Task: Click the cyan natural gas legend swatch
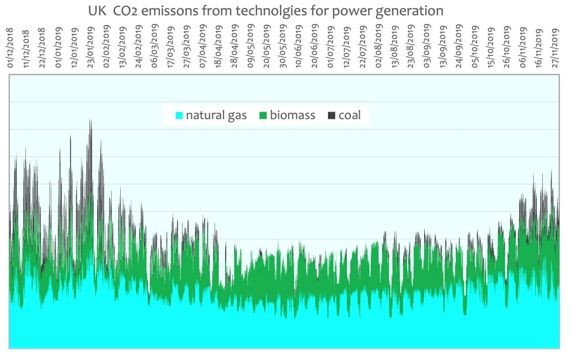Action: pos(179,116)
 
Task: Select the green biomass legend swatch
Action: pos(263,116)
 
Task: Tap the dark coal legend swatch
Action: pos(331,116)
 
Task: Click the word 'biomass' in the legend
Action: pos(293,115)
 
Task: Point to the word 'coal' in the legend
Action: pos(349,115)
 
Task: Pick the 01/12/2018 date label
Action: pos(11,49)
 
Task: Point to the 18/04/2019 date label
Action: pos(219,49)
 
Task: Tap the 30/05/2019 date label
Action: pos(282,49)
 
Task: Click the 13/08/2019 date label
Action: pos(394,49)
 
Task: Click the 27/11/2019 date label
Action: pos(555,49)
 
